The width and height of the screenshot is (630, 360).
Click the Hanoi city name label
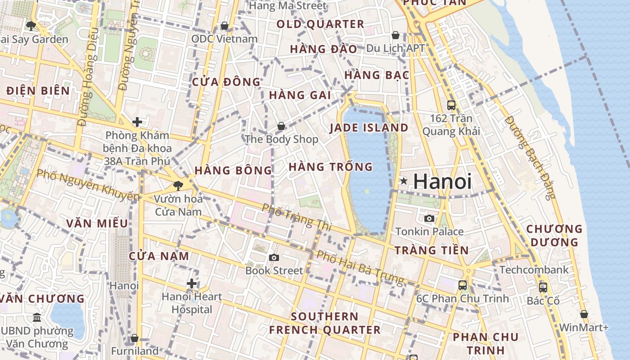[442, 181]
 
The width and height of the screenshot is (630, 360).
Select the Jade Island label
[369, 128]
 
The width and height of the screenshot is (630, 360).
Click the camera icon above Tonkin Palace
[429, 219]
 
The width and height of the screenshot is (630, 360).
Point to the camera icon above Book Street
[274, 257]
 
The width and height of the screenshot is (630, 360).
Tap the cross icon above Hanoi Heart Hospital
[192, 283]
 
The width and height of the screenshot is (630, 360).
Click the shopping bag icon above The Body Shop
[281, 126]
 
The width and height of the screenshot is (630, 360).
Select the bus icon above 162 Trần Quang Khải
[451, 105]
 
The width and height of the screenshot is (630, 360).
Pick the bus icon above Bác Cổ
[543, 287]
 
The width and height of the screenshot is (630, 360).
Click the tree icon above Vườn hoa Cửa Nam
[178, 185]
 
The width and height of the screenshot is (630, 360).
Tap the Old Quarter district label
[320, 24]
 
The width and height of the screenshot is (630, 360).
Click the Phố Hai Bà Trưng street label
[360, 267]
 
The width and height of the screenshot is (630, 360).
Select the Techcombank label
[534, 270]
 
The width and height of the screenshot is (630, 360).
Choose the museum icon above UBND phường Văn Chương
[37, 318]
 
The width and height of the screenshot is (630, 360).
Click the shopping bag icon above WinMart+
[584, 314]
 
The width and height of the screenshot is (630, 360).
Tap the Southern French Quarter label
[324, 323]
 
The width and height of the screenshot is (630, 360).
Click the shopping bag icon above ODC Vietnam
[224, 26]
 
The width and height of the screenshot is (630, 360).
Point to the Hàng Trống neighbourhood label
[331, 167]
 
